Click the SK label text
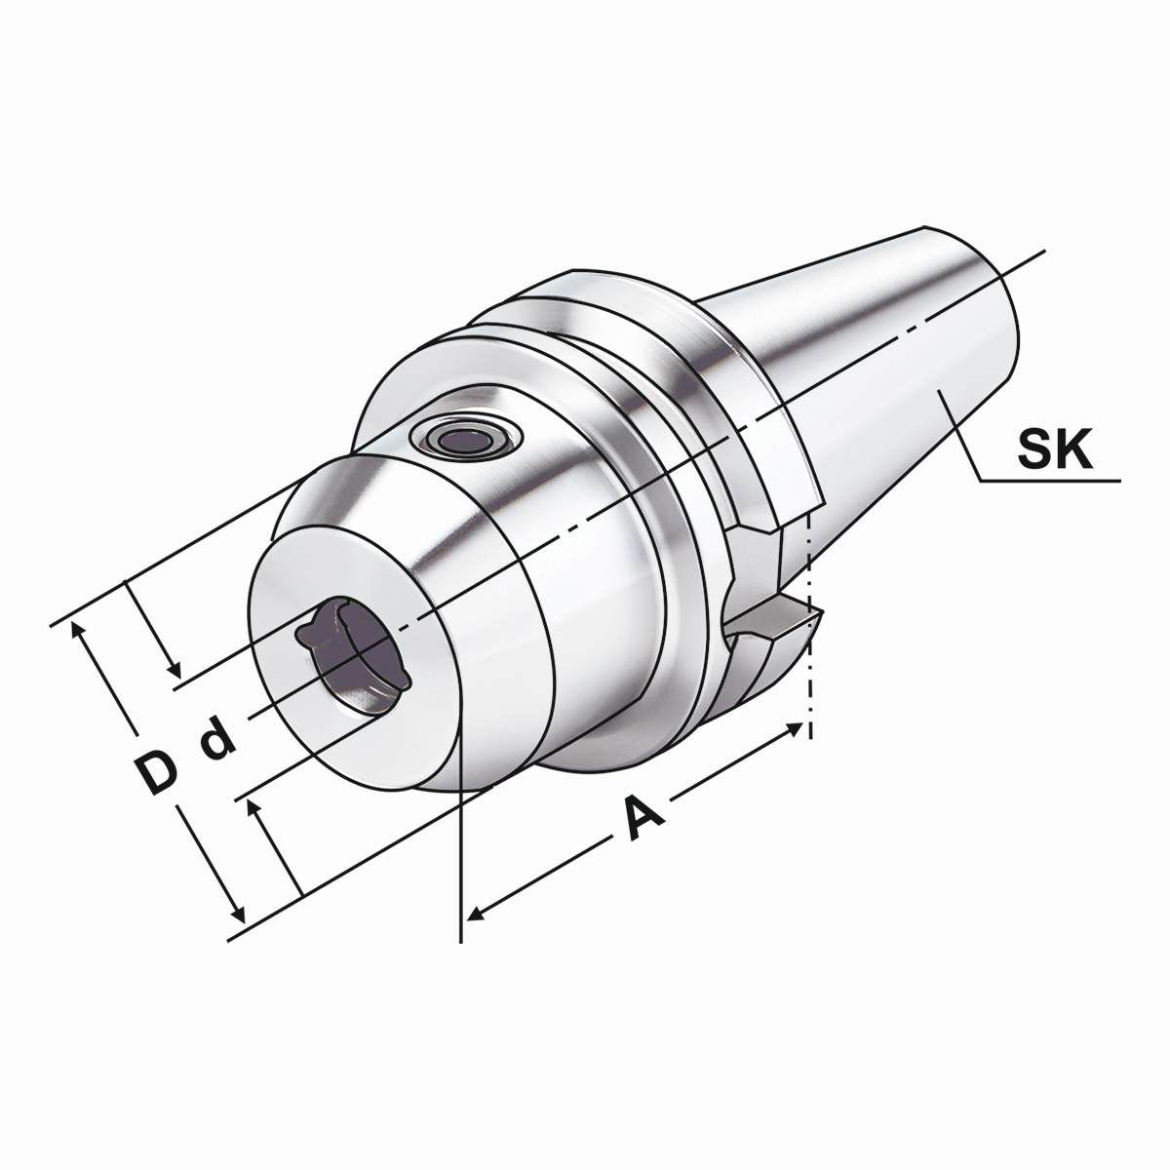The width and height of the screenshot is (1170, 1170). (x=1055, y=448)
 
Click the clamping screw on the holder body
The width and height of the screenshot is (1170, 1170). (x=466, y=438)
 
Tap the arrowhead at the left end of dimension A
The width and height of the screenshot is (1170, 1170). (x=476, y=928)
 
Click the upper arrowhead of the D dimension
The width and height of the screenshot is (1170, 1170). (x=76, y=630)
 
